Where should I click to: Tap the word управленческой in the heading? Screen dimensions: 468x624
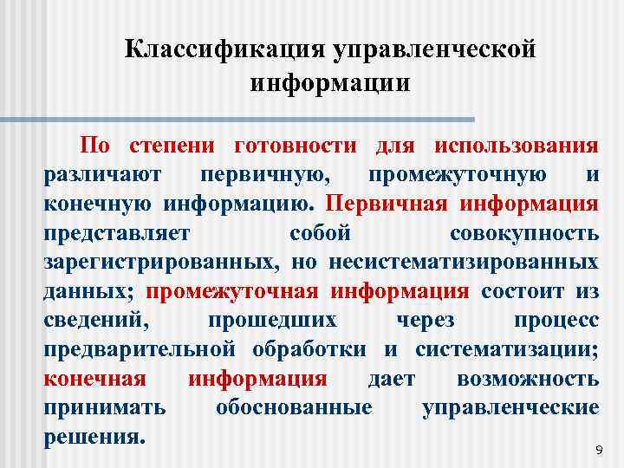pos(434,49)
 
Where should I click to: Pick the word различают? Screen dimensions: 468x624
pos(101,174)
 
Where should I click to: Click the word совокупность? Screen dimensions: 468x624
pos(523,233)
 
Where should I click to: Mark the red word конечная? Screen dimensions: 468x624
pos(94,379)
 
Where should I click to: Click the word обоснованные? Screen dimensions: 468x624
pos(294,407)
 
